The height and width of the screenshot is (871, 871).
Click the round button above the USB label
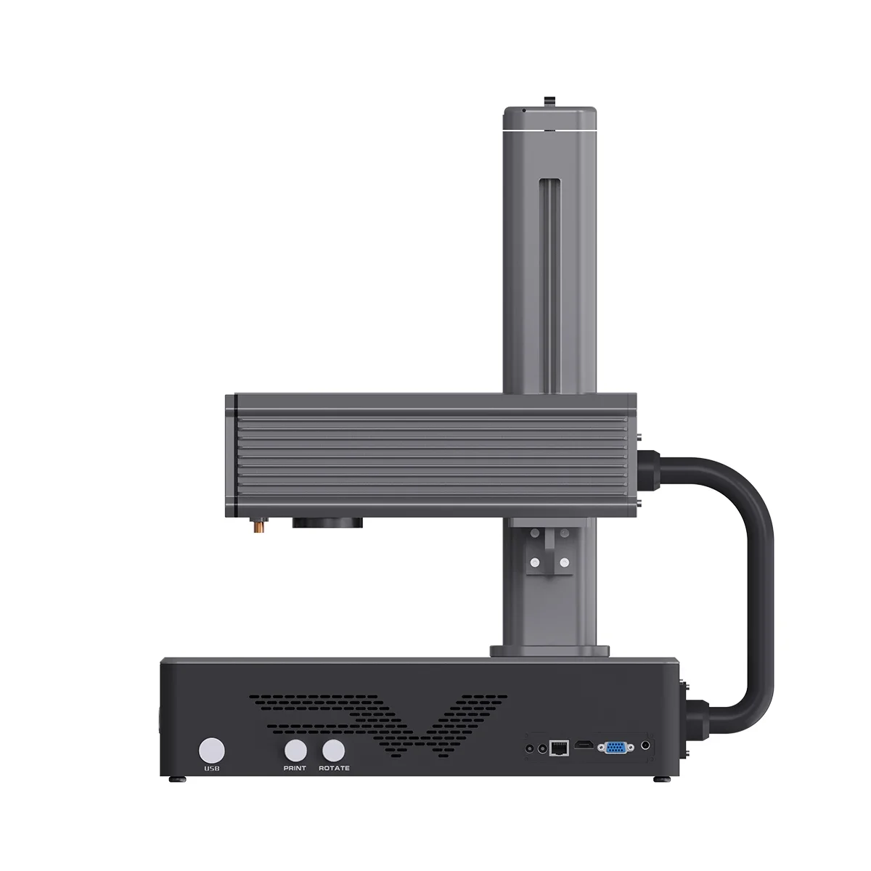click(213, 750)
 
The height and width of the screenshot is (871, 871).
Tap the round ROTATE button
click(333, 750)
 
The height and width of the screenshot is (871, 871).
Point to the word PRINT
click(295, 769)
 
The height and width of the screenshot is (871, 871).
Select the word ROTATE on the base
click(334, 769)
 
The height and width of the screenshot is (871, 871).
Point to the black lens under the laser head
click(327, 522)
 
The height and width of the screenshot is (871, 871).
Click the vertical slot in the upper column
click(549, 283)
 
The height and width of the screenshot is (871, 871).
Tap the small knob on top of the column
click(549, 99)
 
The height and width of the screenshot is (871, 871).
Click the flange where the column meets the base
click(550, 651)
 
